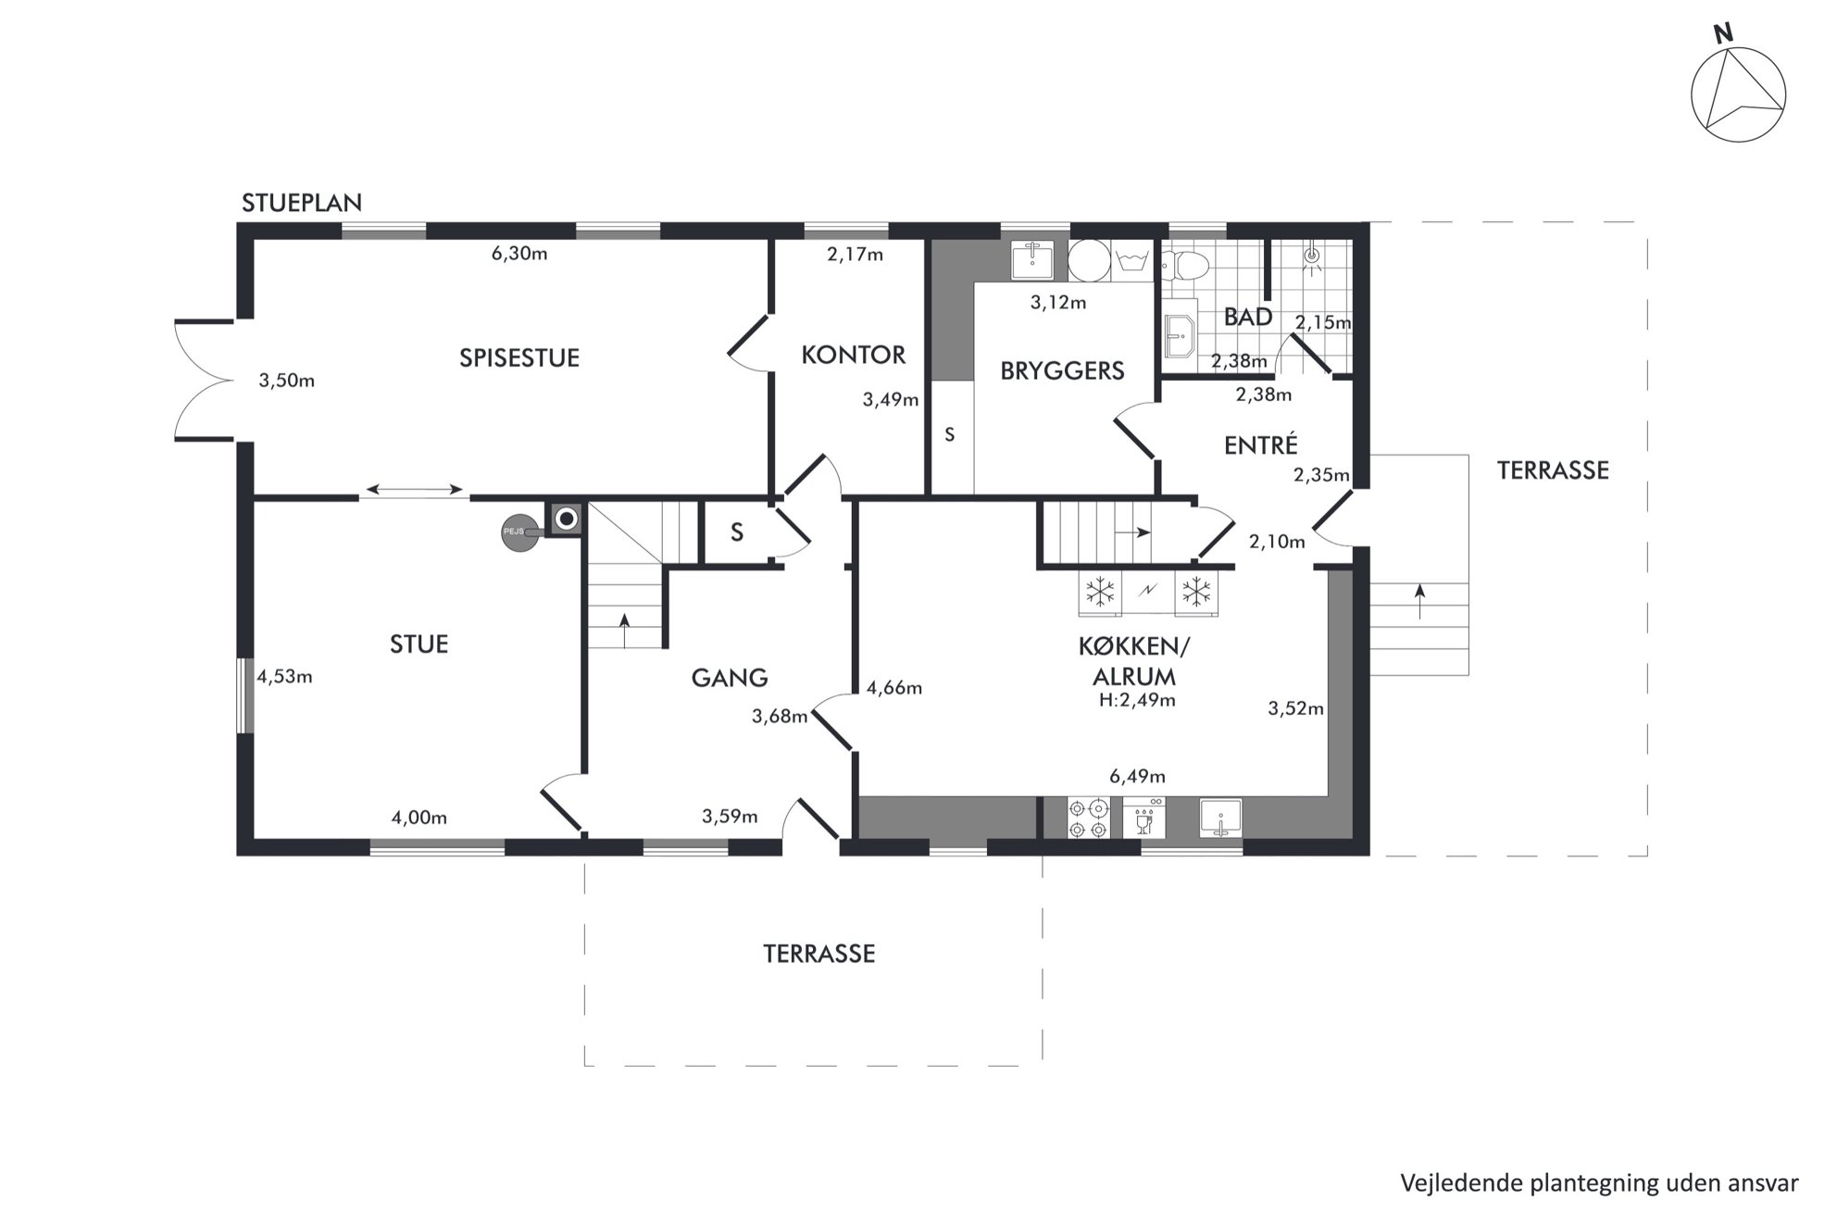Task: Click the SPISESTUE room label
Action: pyautogui.click(x=519, y=358)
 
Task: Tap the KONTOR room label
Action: pyautogui.click(x=853, y=355)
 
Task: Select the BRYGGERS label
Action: pyautogui.click(x=1062, y=370)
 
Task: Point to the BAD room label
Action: pyautogui.click(x=1248, y=317)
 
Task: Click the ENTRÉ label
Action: pyautogui.click(x=1261, y=444)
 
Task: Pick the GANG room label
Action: pyautogui.click(x=730, y=678)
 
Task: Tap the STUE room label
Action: pyautogui.click(x=419, y=644)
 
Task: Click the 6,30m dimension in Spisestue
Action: pyautogui.click(x=519, y=254)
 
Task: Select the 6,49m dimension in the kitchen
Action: pyautogui.click(x=1137, y=776)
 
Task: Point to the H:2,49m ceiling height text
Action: pyautogui.click(x=1137, y=701)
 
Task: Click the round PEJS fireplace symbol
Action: pyautogui.click(x=519, y=532)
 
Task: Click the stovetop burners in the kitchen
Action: pyautogui.click(x=1088, y=817)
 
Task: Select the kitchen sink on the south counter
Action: pyautogui.click(x=1220, y=818)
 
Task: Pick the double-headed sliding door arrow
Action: pyautogui.click(x=415, y=489)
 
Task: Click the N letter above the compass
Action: pyautogui.click(x=1723, y=34)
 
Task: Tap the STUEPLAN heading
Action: pyautogui.click(x=302, y=203)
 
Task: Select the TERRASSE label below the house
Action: pyautogui.click(x=819, y=954)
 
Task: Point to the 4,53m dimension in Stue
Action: pyautogui.click(x=284, y=677)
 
